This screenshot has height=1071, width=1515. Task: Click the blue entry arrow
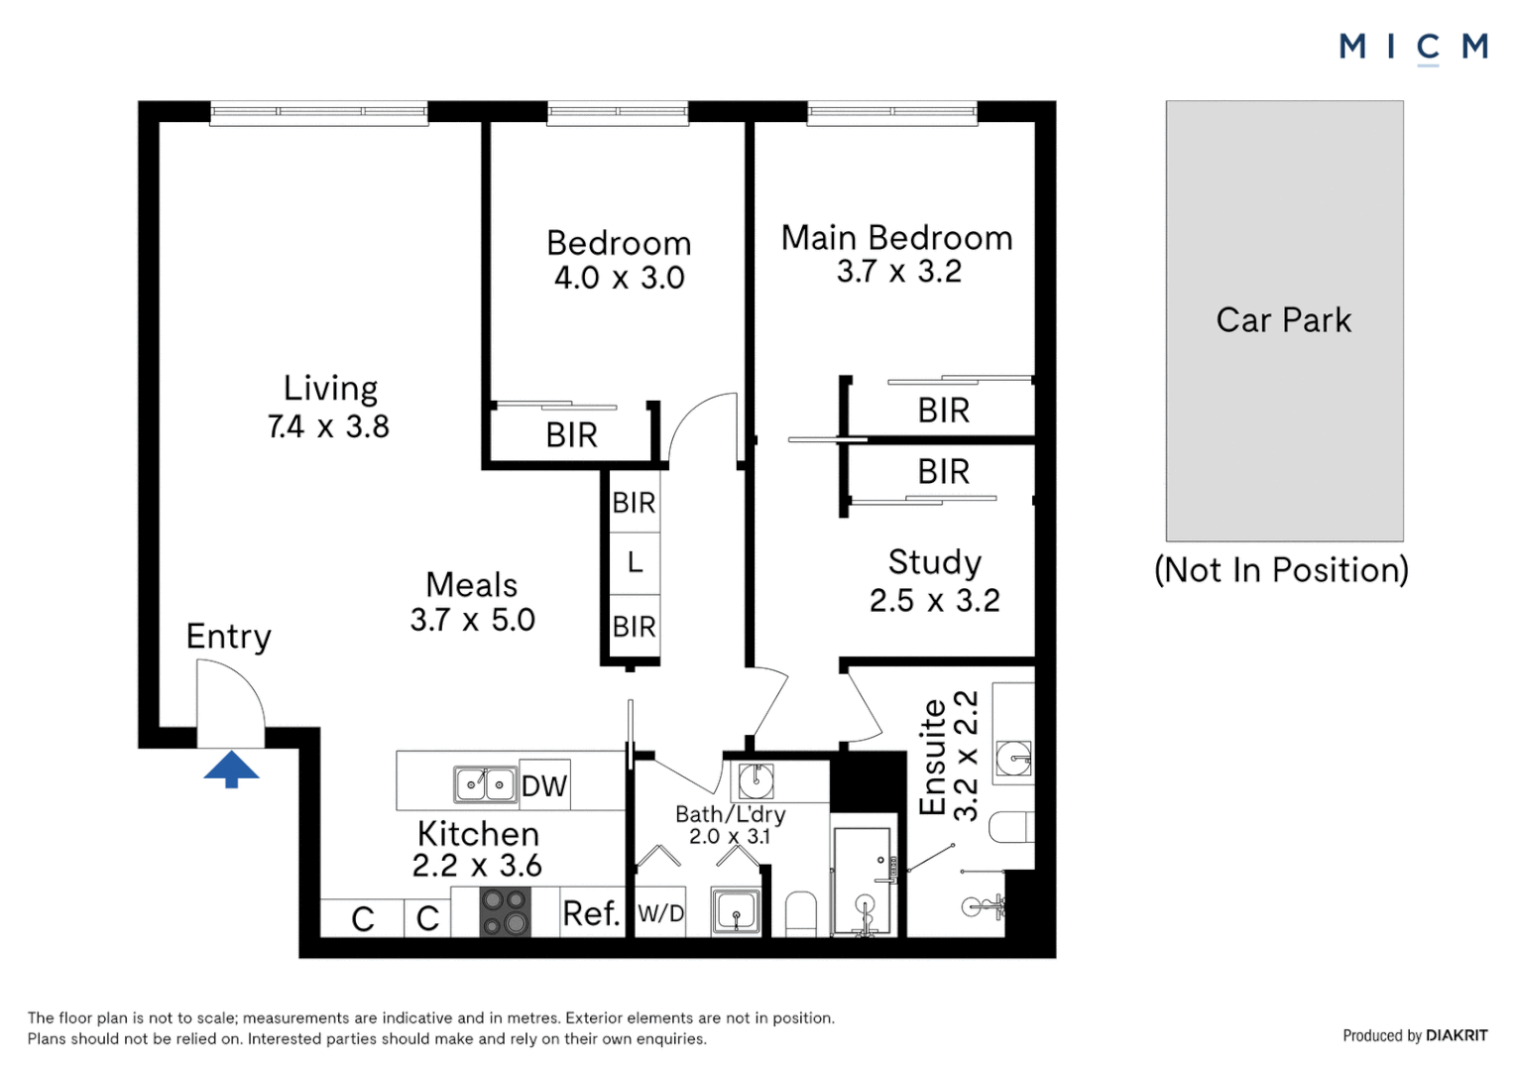[x=231, y=769]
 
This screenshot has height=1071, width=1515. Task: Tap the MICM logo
[x=1413, y=47]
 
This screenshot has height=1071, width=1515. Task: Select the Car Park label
[x=1283, y=320]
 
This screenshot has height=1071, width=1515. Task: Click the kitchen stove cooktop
[x=505, y=912]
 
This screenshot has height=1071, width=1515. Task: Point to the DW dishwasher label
[x=544, y=786]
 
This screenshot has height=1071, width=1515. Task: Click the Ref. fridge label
[x=590, y=913]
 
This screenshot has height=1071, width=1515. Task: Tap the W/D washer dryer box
[x=660, y=913]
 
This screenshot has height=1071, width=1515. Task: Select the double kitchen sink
[x=485, y=784]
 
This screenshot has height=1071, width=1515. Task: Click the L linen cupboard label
[x=635, y=563]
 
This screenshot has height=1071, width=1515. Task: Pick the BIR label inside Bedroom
[x=571, y=435]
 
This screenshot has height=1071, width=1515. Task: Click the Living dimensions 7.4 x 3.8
[x=328, y=426]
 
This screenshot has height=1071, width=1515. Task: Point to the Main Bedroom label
[x=896, y=238]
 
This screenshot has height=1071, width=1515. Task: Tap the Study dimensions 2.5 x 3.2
[x=934, y=600]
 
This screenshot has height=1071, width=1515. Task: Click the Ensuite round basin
[x=1013, y=760]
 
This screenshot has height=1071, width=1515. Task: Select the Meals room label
[x=471, y=585]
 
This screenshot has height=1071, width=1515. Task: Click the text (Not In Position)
[x=1281, y=570]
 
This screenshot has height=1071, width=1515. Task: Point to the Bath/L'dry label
[x=730, y=814]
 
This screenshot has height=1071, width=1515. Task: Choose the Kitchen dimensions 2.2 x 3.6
[x=477, y=866]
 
